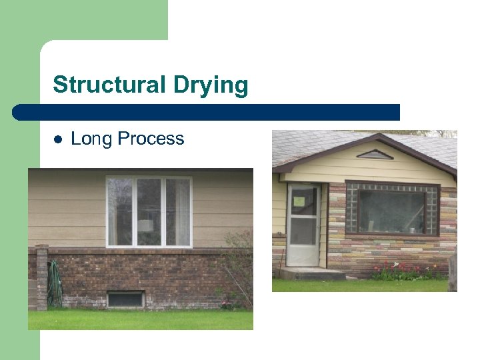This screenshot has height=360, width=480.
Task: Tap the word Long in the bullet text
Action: [x=91, y=139]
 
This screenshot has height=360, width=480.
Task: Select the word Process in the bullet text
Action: [x=151, y=139]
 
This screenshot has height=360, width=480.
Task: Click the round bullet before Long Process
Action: [x=57, y=139]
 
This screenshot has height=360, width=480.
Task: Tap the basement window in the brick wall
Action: [x=125, y=299]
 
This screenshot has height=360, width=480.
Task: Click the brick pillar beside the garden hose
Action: [x=42, y=277]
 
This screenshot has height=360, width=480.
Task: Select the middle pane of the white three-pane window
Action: [x=149, y=211]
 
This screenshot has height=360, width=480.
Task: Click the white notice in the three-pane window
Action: [x=145, y=225]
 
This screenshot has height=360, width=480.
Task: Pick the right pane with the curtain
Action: [x=178, y=211]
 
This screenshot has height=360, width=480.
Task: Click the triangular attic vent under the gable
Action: [x=375, y=155]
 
